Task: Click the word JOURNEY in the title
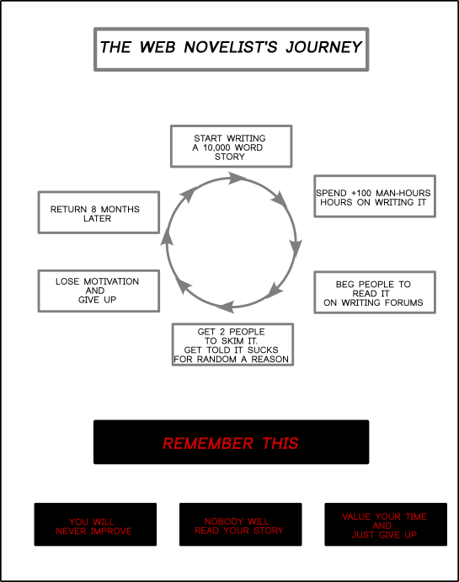(x=323, y=47)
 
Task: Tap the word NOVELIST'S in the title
(x=231, y=47)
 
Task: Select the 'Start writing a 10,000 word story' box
(x=231, y=147)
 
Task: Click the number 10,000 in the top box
(x=216, y=147)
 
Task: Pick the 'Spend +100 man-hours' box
(x=375, y=196)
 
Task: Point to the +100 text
(x=361, y=193)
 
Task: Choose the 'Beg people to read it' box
(x=375, y=292)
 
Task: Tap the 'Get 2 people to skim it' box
(x=232, y=344)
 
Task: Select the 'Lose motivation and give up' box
(x=99, y=291)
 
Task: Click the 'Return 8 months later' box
(x=99, y=212)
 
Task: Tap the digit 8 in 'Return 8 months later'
(x=93, y=210)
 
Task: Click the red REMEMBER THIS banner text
(x=231, y=444)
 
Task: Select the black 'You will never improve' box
(x=95, y=525)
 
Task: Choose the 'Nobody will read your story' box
(x=240, y=525)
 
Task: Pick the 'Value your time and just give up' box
(x=386, y=525)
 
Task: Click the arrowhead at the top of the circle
(x=237, y=178)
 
